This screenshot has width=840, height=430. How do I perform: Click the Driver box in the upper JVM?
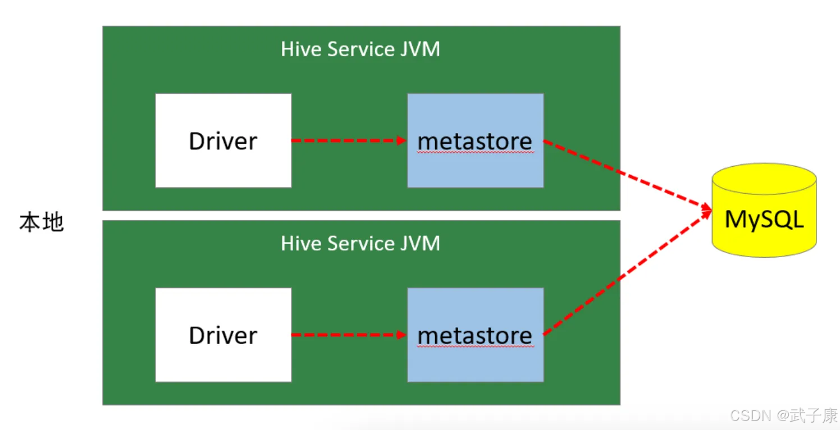point(223,140)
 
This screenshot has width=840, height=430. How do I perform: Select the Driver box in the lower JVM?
point(223,335)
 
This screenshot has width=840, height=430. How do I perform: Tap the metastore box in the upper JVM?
point(476,140)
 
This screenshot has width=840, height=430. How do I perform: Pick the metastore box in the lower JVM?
point(476,335)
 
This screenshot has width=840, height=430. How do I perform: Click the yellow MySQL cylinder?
point(764,210)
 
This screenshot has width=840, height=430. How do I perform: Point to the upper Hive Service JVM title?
point(360,49)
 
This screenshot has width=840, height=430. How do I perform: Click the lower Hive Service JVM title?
point(360,243)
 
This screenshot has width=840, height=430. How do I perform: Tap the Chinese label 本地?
point(42,222)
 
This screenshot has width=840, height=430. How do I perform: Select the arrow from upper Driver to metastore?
point(349,140)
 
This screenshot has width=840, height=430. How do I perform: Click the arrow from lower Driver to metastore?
point(349,335)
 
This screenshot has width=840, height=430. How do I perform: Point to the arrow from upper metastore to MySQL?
point(627,174)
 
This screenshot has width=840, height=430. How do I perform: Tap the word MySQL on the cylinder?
point(764,219)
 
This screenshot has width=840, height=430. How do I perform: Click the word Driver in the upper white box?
point(223,141)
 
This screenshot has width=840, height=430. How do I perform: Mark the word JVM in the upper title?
point(420,49)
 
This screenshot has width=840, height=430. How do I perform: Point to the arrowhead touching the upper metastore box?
point(402,140)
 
